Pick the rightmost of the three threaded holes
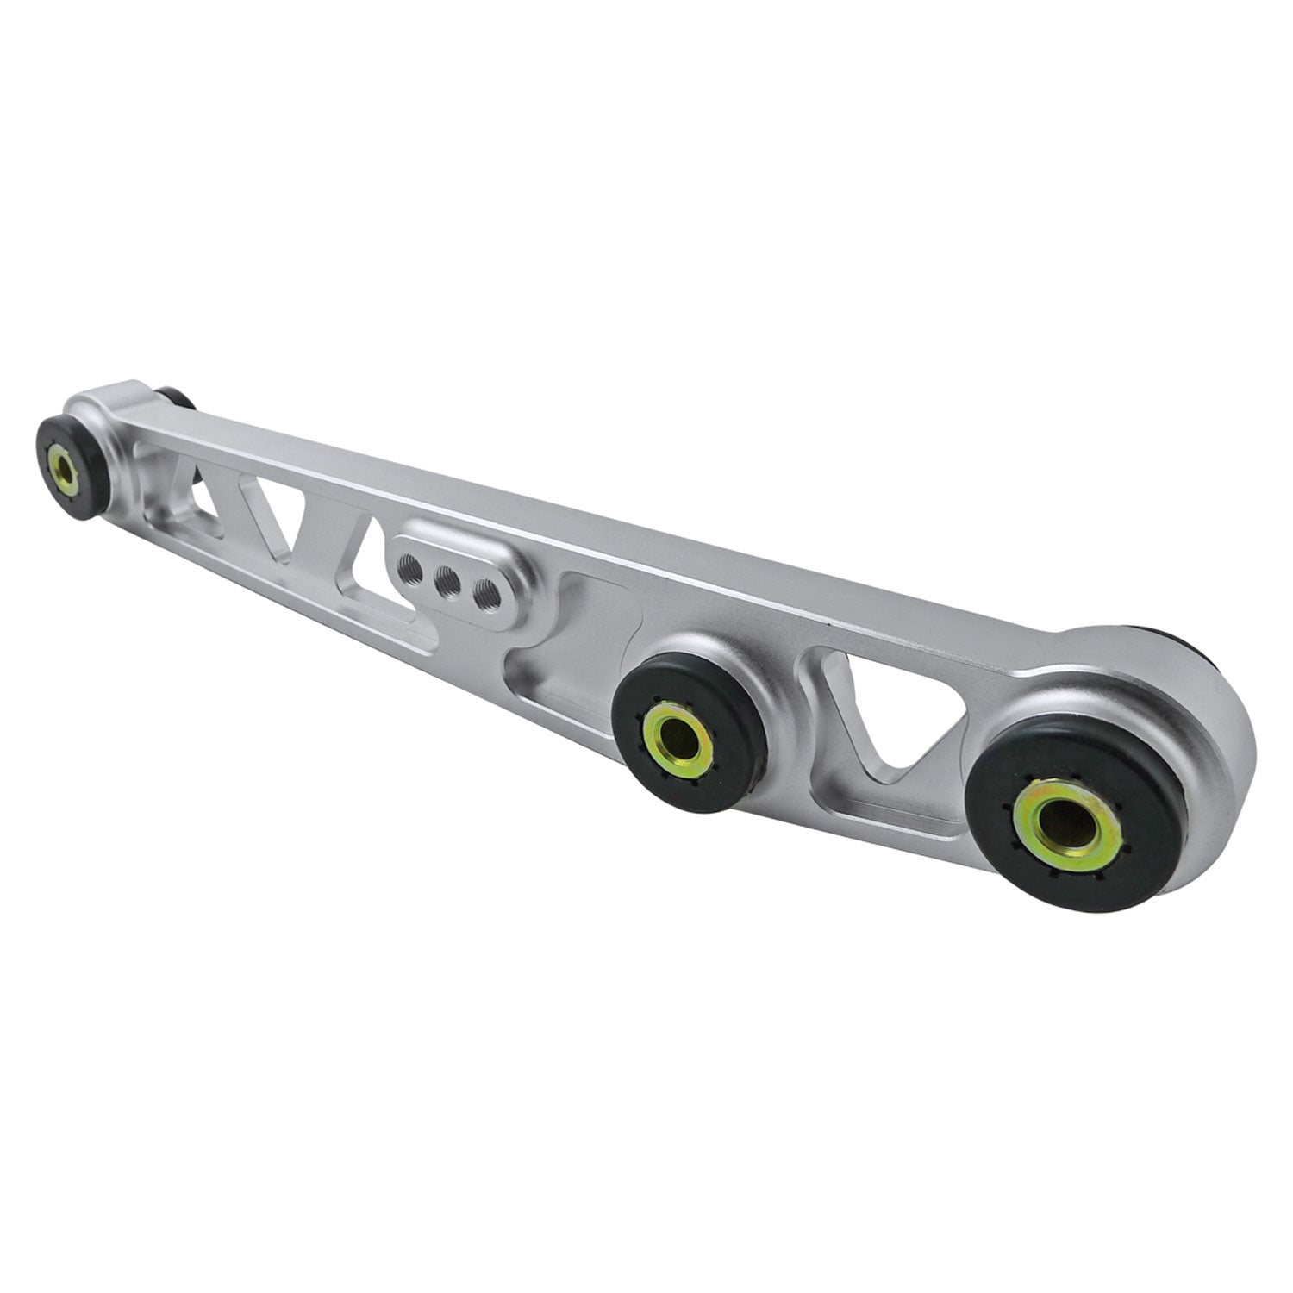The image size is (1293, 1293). (x=483, y=593)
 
